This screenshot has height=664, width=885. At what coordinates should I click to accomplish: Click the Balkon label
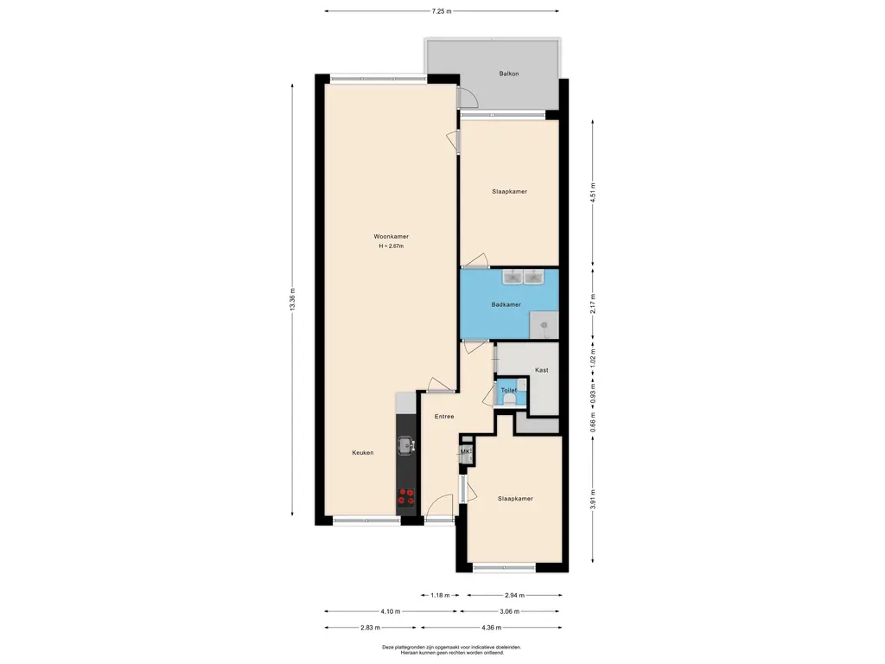(x=508, y=73)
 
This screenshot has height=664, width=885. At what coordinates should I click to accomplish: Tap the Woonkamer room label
(x=391, y=237)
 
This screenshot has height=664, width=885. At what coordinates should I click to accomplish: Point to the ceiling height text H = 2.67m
(x=392, y=246)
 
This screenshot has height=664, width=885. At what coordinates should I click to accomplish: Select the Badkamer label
(x=506, y=304)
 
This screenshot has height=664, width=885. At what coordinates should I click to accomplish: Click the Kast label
(x=541, y=370)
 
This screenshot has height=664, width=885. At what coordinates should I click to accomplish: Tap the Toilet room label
(x=508, y=390)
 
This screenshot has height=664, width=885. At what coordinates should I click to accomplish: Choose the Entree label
(x=444, y=416)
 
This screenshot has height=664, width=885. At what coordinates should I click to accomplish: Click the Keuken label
(x=362, y=452)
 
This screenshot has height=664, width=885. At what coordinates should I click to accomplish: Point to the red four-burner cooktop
(x=406, y=496)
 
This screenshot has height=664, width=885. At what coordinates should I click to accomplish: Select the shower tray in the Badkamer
(x=544, y=325)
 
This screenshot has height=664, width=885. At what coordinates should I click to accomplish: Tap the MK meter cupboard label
(x=465, y=451)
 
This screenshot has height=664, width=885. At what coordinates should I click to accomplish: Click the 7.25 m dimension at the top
(x=442, y=10)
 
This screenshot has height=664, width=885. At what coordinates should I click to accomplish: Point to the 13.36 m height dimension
(x=292, y=299)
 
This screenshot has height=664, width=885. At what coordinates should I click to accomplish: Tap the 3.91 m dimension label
(x=593, y=499)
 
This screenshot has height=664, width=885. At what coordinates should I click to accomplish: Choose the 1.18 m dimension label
(x=440, y=595)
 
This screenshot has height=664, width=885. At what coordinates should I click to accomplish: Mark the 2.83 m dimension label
(x=370, y=628)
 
